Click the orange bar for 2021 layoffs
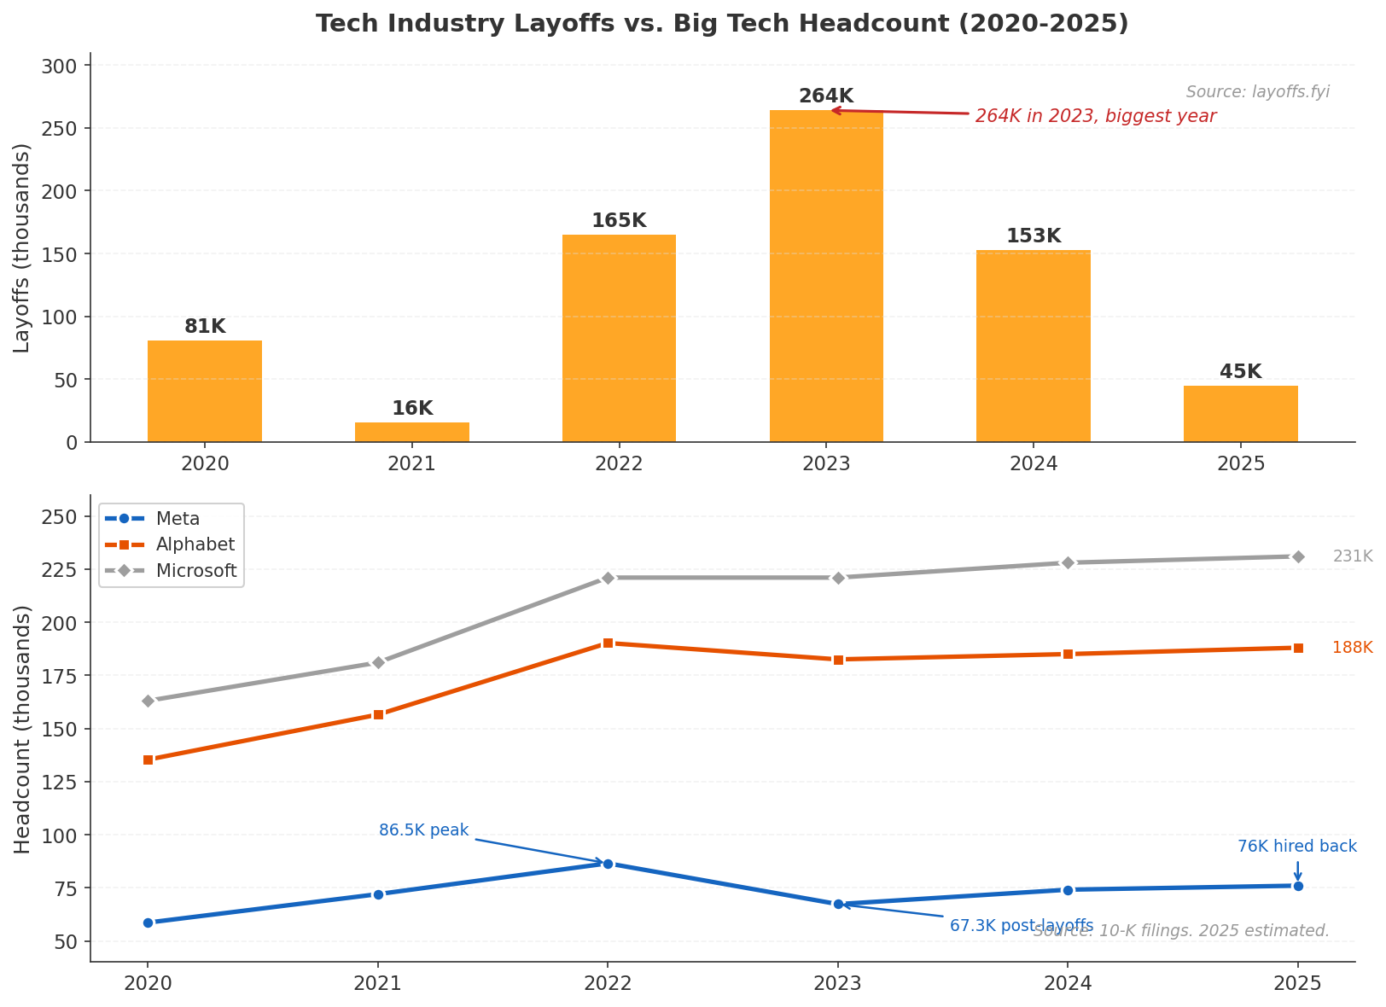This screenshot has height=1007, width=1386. pos(411,432)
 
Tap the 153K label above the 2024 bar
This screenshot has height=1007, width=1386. pos(1034,236)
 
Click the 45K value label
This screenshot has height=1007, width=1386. pos(1240,372)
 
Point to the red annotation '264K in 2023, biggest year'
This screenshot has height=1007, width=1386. pos(1095,116)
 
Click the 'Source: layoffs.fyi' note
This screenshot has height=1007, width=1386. pos(1257,92)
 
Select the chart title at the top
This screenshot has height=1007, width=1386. pos(722,24)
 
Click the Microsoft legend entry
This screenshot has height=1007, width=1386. pos(195,571)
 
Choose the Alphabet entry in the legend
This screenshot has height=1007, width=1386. pos(195,544)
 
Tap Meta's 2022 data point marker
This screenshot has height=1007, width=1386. pos(608,864)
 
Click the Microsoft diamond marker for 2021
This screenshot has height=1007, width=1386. pos(378,662)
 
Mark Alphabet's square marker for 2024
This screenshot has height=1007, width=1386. pos(1068,654)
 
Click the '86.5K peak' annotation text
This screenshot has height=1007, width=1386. pos(423,830)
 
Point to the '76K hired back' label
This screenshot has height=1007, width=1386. pos(1296,847)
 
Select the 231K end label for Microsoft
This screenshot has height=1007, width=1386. pos(1353,556)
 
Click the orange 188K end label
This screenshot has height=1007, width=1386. pos(1352,648)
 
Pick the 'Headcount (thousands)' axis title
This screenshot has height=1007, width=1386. pos(22,729)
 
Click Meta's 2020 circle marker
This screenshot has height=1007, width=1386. pos(148,923)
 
